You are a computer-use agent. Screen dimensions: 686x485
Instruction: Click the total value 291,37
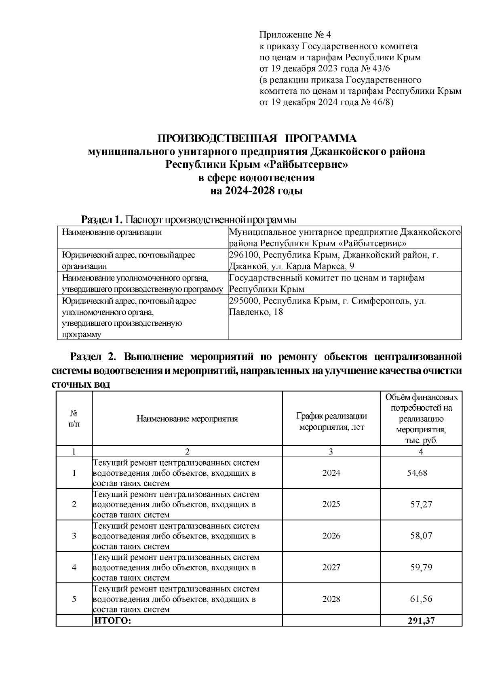(x=421, y=621)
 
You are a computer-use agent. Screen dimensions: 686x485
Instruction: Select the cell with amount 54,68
(x=417, y=473)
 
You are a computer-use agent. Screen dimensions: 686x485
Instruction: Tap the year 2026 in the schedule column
(x=331, y=536)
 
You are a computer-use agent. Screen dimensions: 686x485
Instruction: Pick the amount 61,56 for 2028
(x=421, y=599)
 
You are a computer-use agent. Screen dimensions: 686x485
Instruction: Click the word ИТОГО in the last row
(x=112, y=621)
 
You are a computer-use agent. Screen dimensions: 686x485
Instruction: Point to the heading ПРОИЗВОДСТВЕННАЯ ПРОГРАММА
(x=257, y=139)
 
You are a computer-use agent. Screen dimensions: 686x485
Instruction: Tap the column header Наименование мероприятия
(x=187, y=419)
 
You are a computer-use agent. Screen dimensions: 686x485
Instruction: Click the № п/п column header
(x=74, y=419)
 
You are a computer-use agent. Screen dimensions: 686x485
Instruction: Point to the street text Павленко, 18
(x=255, y=312)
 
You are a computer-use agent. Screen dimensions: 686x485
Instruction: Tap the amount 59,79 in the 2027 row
(x=421, y=567)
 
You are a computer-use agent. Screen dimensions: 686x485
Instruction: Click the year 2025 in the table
(x=331, y=504)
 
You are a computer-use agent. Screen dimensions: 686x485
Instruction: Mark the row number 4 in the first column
(x=74, y=567)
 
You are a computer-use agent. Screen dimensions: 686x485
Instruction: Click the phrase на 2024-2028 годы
(x=257, y=191)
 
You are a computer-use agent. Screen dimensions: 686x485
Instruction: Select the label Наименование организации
(x=112, y=232)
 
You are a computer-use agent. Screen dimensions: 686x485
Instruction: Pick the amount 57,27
(x=421, y=504)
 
